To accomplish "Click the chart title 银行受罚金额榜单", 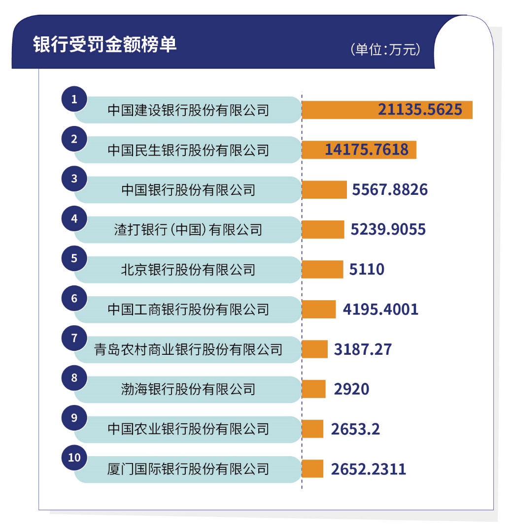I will click(105, 44).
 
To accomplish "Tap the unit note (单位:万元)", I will click(385, 50).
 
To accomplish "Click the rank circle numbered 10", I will click(74, 458).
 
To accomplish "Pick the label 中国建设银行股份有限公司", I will click(188, 110).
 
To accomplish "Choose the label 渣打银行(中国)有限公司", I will click(188, 229).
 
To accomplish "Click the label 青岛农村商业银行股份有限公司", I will click(188, 349).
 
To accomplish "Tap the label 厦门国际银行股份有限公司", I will click(188, 469).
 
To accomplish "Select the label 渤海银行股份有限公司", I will click(188, 389).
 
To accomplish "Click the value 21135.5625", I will click(420, 110).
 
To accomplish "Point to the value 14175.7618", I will click(366, 150).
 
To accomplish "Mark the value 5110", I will click(367, 270).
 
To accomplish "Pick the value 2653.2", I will click(355, 429).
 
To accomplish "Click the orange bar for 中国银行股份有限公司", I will click(324, 189).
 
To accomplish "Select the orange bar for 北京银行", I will click(322, 270).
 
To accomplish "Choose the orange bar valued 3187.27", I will click(314, 349).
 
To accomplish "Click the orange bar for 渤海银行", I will click(313, 389).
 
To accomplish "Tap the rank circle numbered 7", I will click(74, 338).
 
